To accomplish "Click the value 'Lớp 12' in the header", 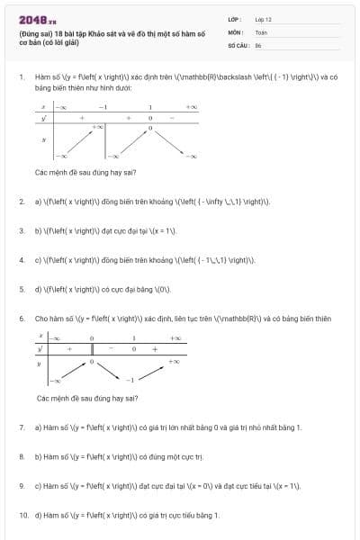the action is tap(263, 19).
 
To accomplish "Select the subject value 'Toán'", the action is tap(261, 31).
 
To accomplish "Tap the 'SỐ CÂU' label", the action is tap(237, 44).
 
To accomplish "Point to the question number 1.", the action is tap(21, 77).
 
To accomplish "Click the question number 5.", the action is tap(21, 289).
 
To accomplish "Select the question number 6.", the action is tap(21, 318).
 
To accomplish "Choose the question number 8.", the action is tap(21, 456).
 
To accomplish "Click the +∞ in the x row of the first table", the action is tap(191, 107).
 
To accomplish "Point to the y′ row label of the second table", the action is tap(40, 348).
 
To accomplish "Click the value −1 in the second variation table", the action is tap(130, 380).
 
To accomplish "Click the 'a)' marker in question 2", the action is tap(38, 201).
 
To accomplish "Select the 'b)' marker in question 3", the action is tap(38, 230).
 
